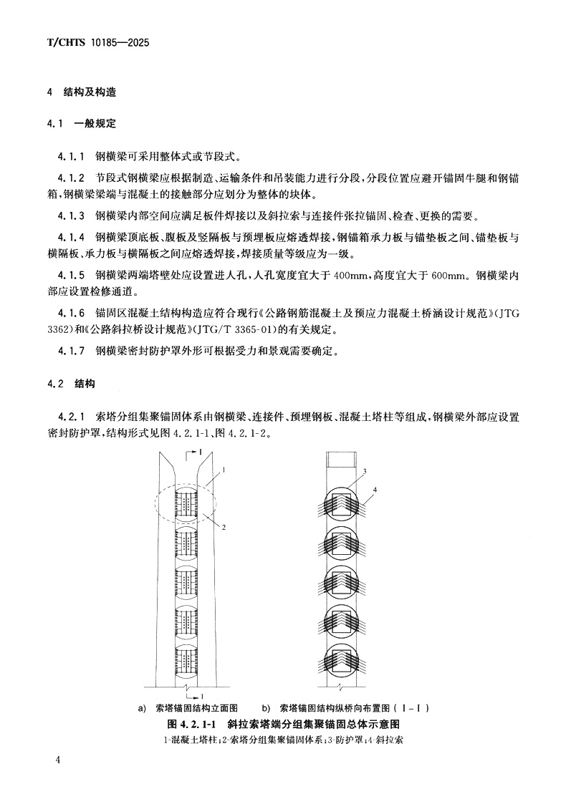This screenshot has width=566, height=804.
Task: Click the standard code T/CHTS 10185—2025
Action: (97, 43)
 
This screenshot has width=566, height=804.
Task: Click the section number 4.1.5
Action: (72, 273)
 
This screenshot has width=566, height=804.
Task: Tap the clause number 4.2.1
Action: (72, 416)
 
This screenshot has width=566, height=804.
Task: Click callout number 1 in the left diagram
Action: (224, 470)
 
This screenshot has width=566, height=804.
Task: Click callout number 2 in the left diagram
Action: (224, 527)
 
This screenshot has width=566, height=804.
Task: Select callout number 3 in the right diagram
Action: (364, 471)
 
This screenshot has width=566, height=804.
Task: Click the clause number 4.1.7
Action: (72, 351)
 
